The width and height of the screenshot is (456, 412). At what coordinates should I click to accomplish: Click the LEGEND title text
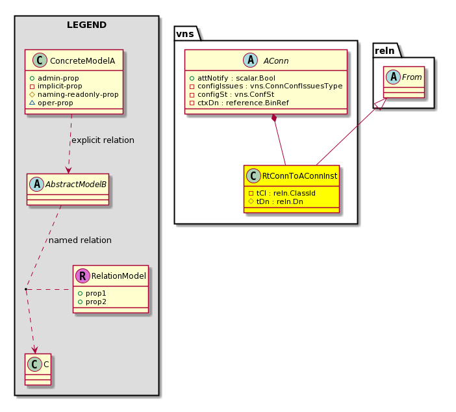[86, 25]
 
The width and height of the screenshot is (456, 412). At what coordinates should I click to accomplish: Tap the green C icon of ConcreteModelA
[40, 60]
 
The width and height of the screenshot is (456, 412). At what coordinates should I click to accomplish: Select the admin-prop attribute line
[55, 78]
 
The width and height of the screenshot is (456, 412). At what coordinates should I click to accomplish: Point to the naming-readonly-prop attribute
[74, 95]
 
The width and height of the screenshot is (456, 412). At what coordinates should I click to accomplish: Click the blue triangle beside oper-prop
[32, 103]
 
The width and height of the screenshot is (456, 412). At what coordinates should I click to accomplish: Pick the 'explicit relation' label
[103, 140]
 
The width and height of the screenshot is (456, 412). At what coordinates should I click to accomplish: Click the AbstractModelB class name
[76, 185]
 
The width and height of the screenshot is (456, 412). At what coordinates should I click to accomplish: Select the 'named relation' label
[81, 240]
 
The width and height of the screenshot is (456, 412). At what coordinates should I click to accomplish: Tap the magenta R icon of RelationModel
[82, 276]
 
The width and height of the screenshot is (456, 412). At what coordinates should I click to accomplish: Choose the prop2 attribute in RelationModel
[92, 302]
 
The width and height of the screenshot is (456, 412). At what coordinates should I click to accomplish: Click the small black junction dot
[26, 289]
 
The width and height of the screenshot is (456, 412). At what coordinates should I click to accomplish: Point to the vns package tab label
[185, 34]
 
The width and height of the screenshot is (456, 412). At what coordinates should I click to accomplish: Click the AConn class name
[276, 61]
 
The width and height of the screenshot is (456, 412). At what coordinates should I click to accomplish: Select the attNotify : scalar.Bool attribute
[233, 78]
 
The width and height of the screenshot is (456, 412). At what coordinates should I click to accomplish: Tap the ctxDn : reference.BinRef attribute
[239, 103]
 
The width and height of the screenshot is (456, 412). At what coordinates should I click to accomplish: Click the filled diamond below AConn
[274, 118]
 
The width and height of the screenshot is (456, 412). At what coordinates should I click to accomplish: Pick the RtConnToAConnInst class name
[299, 176]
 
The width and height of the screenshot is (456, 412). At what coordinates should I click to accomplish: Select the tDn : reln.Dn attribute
[275, 201]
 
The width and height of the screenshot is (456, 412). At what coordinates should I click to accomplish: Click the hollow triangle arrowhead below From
[381, 104]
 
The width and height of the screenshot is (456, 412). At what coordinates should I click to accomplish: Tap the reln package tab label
[385, 51]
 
